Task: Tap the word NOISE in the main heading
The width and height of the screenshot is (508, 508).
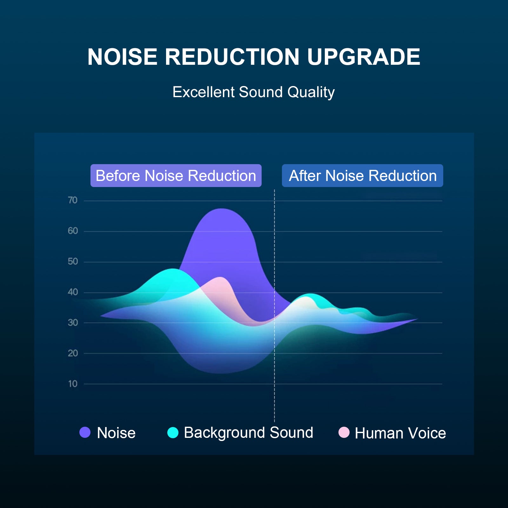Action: point(122,57)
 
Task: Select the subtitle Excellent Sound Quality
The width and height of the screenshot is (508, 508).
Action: point(253,92)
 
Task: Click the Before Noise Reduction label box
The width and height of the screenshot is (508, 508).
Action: point(176,176)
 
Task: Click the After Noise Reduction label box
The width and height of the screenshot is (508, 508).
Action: point(362,176)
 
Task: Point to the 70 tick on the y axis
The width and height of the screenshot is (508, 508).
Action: point(73,200)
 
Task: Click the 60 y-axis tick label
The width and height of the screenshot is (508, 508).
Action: point(73,231)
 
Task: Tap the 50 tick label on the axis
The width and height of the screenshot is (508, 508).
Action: point(73,262)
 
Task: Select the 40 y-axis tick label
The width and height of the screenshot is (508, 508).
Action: point(73,292)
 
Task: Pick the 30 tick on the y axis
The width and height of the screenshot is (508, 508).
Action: point(73,323)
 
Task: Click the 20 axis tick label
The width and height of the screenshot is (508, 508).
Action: point(73,353)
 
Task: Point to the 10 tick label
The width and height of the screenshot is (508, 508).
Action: point(73,384)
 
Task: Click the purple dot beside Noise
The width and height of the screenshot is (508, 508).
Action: point(85,432)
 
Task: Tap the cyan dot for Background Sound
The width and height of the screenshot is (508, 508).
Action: point(173,432)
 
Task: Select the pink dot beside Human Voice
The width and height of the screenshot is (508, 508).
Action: point(344,432)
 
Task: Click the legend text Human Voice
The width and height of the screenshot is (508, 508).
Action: point(400,433)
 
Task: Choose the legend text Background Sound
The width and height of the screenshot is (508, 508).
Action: point(248,432)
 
